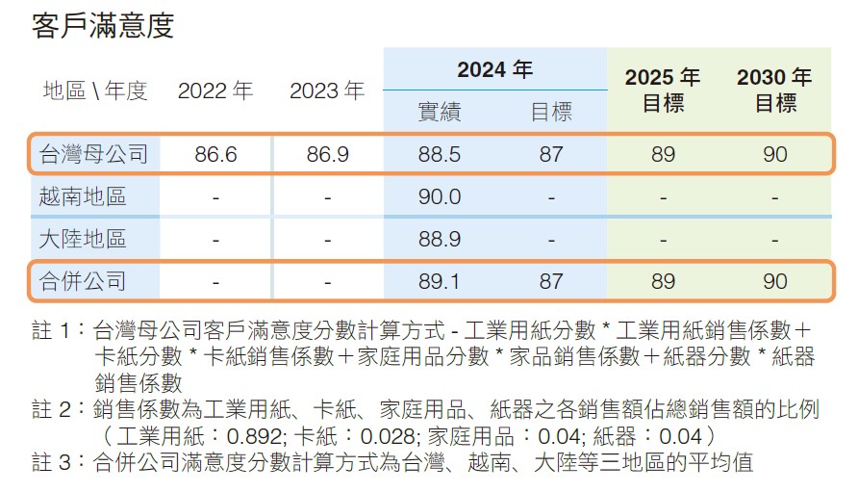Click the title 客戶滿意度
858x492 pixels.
point(103,25)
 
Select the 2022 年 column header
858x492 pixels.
point(215,91)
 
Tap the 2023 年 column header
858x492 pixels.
point(327,91)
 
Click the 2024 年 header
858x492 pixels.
point(494,69)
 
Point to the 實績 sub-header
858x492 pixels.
point(439,113)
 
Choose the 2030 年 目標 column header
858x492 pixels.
point(774,90)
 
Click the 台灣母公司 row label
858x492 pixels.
point(93,154)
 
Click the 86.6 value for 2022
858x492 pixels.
point(215,154)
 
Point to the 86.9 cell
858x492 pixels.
point(327,154)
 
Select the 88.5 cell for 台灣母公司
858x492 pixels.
point(440,154)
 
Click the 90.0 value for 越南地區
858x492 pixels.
point(440,197)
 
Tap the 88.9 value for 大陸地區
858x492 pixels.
point(440,239)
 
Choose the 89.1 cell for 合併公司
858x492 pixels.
point(440,281)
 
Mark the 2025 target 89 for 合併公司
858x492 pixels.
point(663,281)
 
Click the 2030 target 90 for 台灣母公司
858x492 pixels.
point(774,154)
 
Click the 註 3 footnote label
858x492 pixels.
point(52,462)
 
